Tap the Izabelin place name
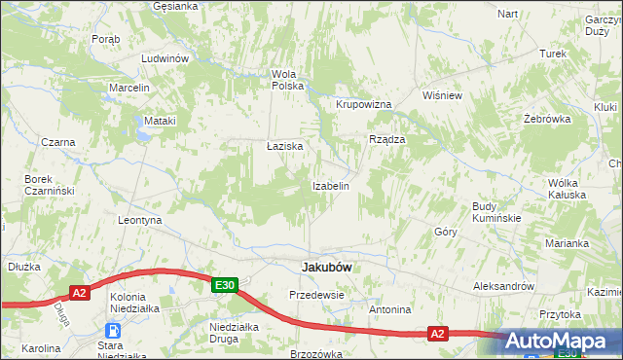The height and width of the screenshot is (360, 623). (x=331, y=185)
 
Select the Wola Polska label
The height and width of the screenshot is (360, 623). (x=288, y=79)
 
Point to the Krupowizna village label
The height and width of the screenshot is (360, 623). (x=363, y=104)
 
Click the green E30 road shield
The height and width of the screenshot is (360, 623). (x=225, y=284)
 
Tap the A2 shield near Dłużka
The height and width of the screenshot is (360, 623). (x=81, y=291)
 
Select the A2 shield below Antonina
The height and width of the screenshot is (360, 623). (x=438, y=334)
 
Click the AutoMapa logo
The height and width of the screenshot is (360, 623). (x=558, y=341)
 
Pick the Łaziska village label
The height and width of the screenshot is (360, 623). (x=285, y=146)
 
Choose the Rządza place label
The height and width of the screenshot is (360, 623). (x=386, y=139)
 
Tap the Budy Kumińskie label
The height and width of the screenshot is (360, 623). (x=496, y=212)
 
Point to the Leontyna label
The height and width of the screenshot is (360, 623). (x=139, y=221)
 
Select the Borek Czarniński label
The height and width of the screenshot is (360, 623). (x=51, y=185)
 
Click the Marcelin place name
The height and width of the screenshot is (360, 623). (x=129, y=88)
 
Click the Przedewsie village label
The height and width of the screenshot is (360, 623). (x=317, y=294)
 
